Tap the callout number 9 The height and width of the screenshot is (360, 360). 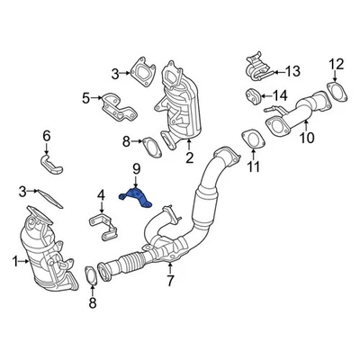coord(136,169)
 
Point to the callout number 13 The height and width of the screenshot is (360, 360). coord(293,70)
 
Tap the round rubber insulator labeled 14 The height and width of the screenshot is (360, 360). coord(253,95)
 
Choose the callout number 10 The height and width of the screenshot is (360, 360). coord(307,138)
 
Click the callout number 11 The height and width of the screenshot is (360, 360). coord(254,167)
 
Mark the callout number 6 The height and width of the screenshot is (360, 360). coord(47,136)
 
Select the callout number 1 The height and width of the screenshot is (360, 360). coord(13,261)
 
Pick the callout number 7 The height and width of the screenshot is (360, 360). coord(169,282)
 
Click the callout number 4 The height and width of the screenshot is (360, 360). coord(102,193)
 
